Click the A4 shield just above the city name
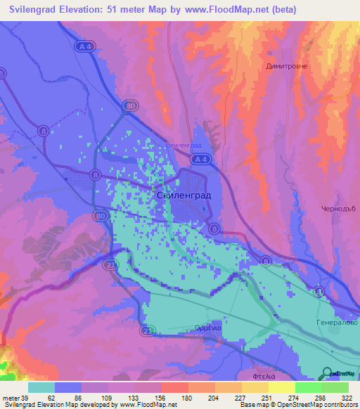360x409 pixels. point(201,160)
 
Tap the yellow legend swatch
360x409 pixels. point(281,387)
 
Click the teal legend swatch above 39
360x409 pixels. point(41,387)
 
